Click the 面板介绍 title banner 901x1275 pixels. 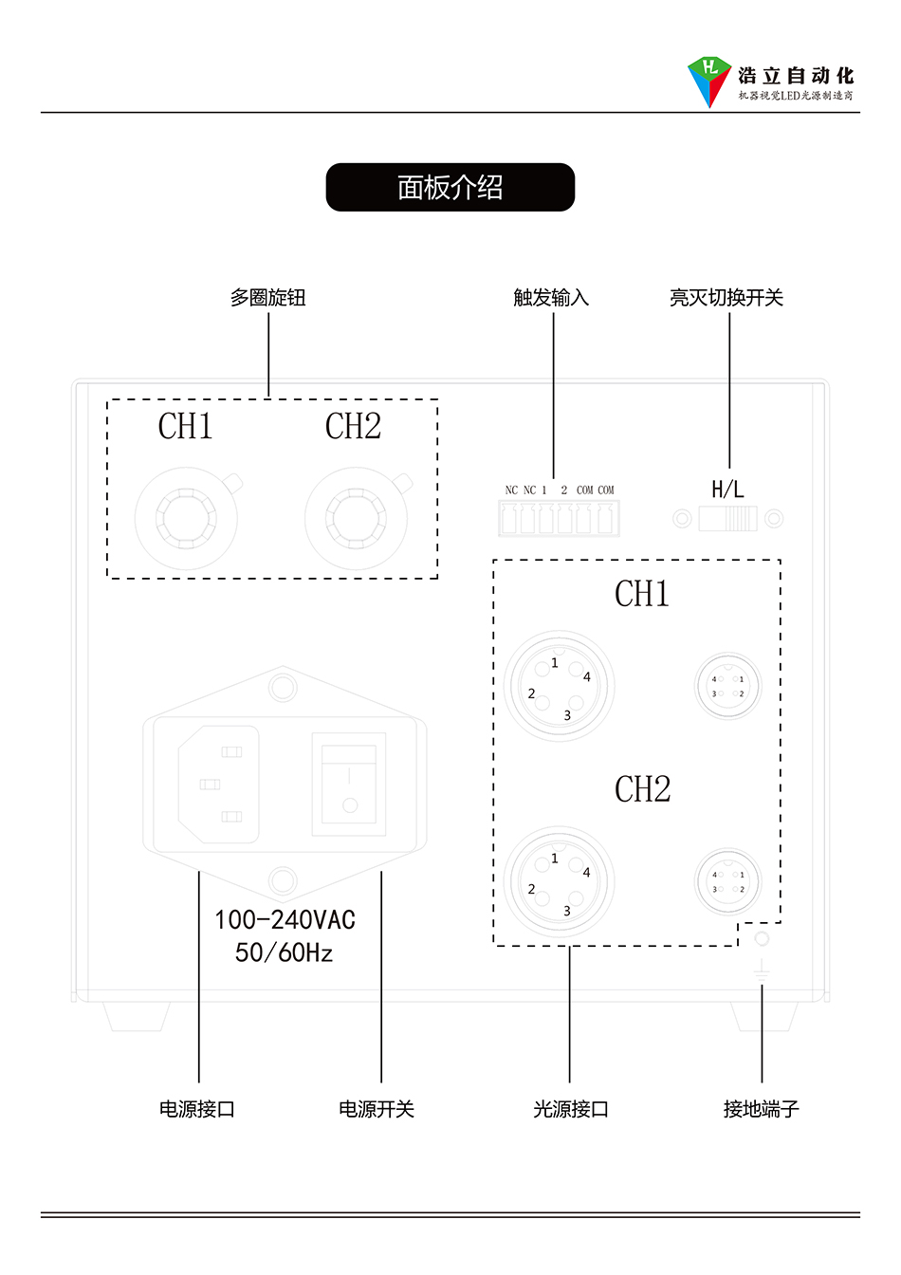coord(450,187)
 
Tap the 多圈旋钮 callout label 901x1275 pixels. coord(267,298)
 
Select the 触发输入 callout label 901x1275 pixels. coord(551,298)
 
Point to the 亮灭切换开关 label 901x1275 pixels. coord(726,298)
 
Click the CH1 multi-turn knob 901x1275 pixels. coord(186,519)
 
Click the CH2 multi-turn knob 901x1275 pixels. coord(357,519)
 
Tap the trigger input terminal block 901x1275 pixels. coord(559,519)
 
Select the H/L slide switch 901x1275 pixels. coord(728,519)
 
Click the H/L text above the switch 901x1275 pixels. coord(727,490)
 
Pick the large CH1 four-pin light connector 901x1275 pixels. coord(560,686)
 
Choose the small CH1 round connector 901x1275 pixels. coord(727,686)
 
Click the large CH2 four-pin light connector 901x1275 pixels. coord(560,882)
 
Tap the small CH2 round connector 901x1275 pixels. coord(727,882)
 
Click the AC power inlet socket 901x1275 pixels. coord(219,785)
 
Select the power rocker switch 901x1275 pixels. coord(349,785)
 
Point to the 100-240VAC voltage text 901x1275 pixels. coord(285,920)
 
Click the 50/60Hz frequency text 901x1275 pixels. coord(285,952)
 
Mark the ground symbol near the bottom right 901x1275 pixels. coord(761,970)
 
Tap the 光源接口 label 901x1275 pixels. coord(570,1109)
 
